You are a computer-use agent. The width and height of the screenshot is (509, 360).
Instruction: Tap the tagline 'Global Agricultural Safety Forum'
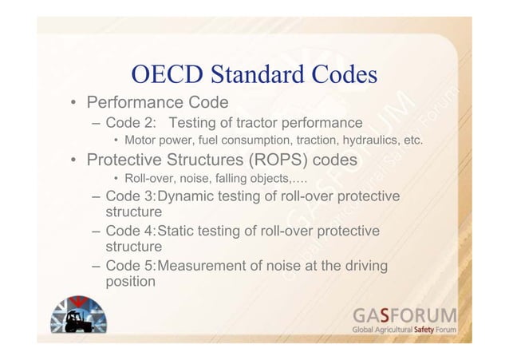click(405, 330)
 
